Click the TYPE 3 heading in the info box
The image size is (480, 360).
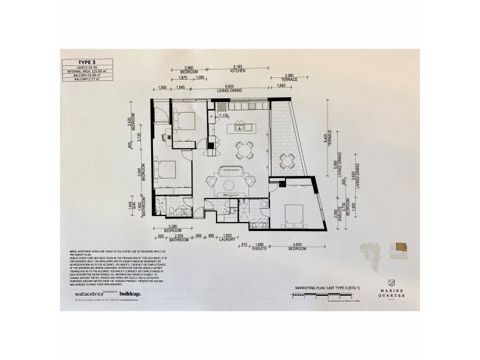[x=86, y=62]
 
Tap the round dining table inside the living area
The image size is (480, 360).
[x=244, y=148]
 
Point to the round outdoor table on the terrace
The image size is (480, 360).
[x=287, y=160]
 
